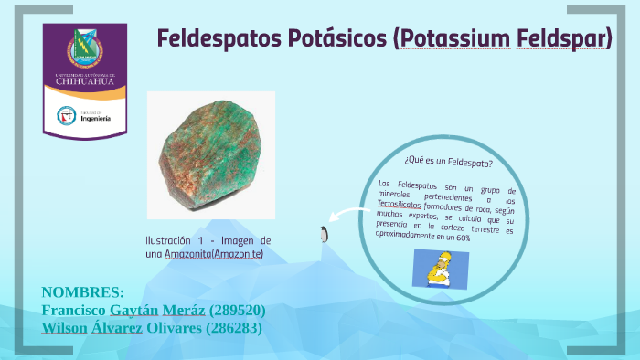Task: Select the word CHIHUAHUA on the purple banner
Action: tap(85, 81)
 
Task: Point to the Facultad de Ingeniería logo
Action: tap(84, 116)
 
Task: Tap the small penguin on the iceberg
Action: tap(323, 234)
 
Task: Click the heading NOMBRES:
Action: tap(82, 292)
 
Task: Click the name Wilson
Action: tap(65, 327)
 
